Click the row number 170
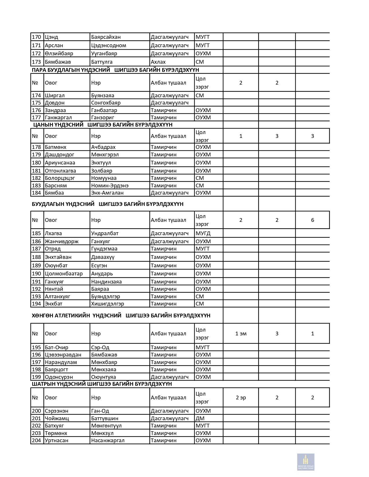[x=36, y=37]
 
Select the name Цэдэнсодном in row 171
[x=109, y=45]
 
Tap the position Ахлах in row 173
[x=158, y=62]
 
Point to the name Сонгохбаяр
[x=106, y=103]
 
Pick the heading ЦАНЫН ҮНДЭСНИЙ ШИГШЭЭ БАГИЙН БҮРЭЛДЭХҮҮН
[x=103, y=125]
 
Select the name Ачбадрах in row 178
[x=103, y=147]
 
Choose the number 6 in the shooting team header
[x=312, y=220]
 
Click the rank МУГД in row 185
[x=203, y=233]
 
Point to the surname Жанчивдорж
[x=62, y=242]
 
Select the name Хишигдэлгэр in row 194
[x=107, y=304]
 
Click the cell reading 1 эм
[x=241, y=334]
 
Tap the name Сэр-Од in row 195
[x=100, y=348]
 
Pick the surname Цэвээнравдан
[x=63, y=355]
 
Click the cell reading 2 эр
[x=241, y=398]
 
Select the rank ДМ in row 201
[x=200, y=418]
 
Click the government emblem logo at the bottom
[x=306, y=462]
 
